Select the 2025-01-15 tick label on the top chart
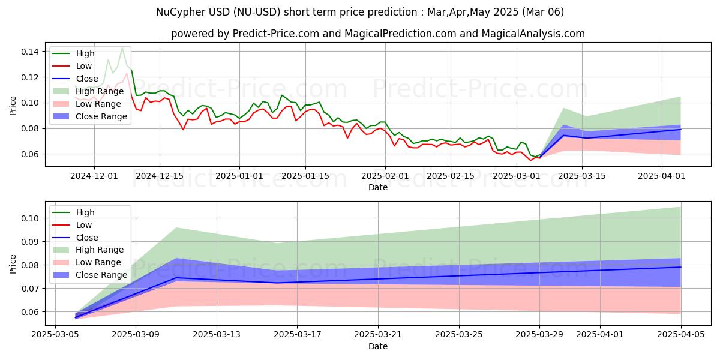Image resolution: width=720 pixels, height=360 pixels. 305,176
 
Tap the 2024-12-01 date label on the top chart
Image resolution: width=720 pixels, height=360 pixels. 94,176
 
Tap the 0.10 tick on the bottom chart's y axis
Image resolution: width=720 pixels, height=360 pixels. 31,218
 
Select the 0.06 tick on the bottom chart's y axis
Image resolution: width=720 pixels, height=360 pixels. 31,312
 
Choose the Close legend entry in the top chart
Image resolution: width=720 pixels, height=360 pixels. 87,79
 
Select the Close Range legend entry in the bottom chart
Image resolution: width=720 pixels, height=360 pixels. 101,275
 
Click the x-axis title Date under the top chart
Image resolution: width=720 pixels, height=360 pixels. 378,187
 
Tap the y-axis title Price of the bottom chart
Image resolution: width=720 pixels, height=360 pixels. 13,263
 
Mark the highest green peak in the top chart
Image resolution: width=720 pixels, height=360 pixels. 122,47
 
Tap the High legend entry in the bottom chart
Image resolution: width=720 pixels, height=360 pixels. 85,212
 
